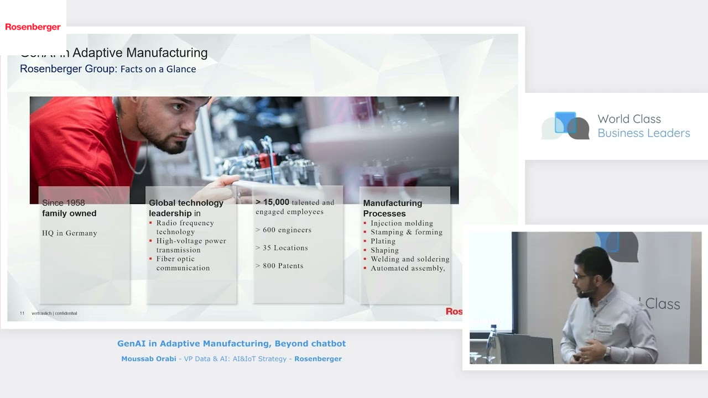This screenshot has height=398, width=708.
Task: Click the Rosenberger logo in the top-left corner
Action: click(33, 27)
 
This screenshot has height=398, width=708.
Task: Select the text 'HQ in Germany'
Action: click(70, 233)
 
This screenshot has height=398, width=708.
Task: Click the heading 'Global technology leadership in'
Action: click(186, 208)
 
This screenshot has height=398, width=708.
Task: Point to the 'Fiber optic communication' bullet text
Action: click(183, 263)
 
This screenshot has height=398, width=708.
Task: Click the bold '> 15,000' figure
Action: click(273, 202)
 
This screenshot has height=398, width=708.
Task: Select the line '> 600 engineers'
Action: click(283, 230)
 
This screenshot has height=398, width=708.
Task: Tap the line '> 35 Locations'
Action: click(282, 248)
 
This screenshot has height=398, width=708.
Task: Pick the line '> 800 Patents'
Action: click(279, 266)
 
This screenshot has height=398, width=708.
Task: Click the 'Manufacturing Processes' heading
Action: click(392, 208)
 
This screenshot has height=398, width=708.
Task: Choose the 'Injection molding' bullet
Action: click(402, 223)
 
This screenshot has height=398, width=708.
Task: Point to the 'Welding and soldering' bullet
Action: click(410, 259)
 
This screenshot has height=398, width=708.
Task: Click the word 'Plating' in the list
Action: click(383, 241)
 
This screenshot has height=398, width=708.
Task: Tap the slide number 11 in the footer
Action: click(22, 313)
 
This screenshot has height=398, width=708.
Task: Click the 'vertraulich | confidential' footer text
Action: click(54, 313)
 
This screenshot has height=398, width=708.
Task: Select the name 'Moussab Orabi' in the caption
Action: click(148, 359)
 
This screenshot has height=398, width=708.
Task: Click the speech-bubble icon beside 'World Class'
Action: click(566, 125)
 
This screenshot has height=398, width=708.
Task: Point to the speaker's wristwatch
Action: click(607, 352)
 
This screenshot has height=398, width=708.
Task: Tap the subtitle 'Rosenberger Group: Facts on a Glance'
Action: click(108, 69)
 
